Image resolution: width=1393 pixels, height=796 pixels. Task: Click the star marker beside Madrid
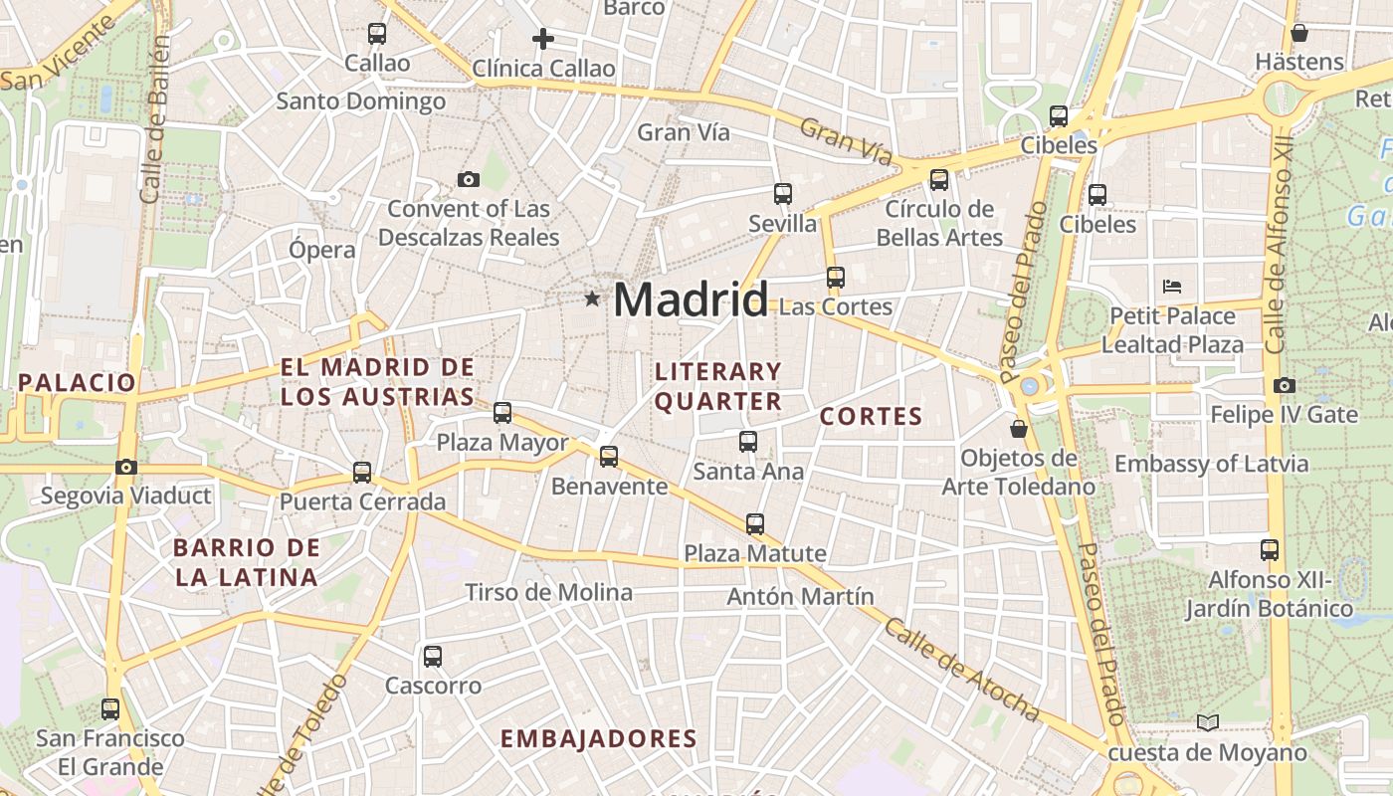pyautogui.click(x=592, y=298)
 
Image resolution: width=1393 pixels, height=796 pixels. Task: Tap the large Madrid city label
pyautogui.click(x=691, y=299)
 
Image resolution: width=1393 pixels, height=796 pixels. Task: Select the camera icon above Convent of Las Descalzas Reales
pyautogui.click(x=469, y=179)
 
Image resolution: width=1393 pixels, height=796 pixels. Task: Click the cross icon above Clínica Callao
pyautogui.click(x=543, y=39)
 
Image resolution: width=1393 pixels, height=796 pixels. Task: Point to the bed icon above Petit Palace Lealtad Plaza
pyautogui.click(x=1172, y=287)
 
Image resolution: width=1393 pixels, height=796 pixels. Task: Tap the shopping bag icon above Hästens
pyautogui.click(x=1298, y=33)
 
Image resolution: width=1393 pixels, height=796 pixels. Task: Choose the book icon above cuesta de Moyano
pyautogui.click(x=1208, y=722)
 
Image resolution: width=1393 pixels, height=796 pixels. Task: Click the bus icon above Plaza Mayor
pyautogui.click(x=502, y=412)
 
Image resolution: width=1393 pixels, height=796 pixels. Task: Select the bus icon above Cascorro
pyautogui.click(x=433, y=656)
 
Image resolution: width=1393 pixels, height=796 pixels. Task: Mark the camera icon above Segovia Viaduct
pyautogui.click(x=126, y=466)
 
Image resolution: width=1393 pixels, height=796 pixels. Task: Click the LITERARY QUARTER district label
pyautogui.click(x=718, y=386)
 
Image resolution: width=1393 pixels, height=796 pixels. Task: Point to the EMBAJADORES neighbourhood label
pyautogui.click(x=598, y=739)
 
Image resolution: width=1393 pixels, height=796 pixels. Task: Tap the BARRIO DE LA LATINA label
pyautogui.click(x=246, y=562)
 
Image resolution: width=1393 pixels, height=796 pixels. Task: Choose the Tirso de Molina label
pyautogui.click(x=548, y=593)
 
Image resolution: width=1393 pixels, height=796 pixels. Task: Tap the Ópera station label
pyautogui.click(x=321, y=249)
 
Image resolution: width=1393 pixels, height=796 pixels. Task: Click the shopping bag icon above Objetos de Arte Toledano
pyautogui.click(x=1019, y=429)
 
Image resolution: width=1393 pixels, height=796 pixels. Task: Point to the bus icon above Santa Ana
pyautogui.click(x=748, y=442)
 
